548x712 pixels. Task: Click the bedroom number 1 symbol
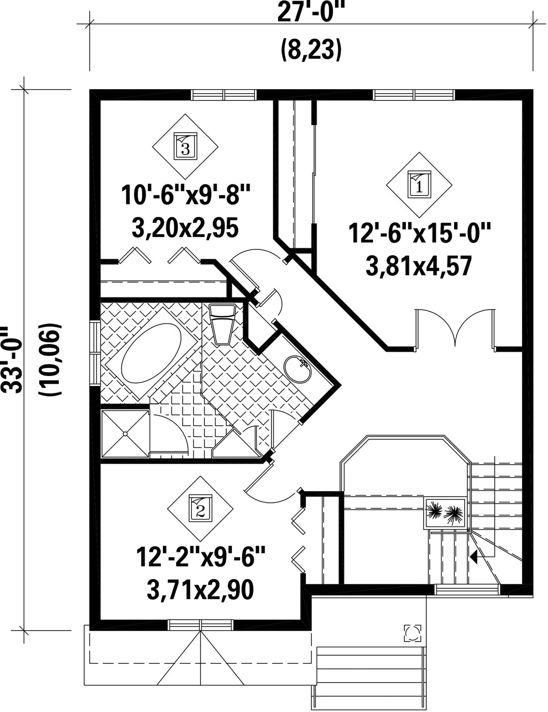click(x=419, y=184)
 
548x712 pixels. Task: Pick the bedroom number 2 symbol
click(x=200, y=508)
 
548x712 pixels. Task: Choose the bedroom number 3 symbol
click(x=185, y=146)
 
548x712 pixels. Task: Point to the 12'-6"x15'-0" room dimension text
click(x=419, y=233)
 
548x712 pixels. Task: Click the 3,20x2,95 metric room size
click(x=185, y=228)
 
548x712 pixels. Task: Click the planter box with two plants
click(x=446, y=513)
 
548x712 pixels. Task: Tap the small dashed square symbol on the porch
click(x=413, y=633)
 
